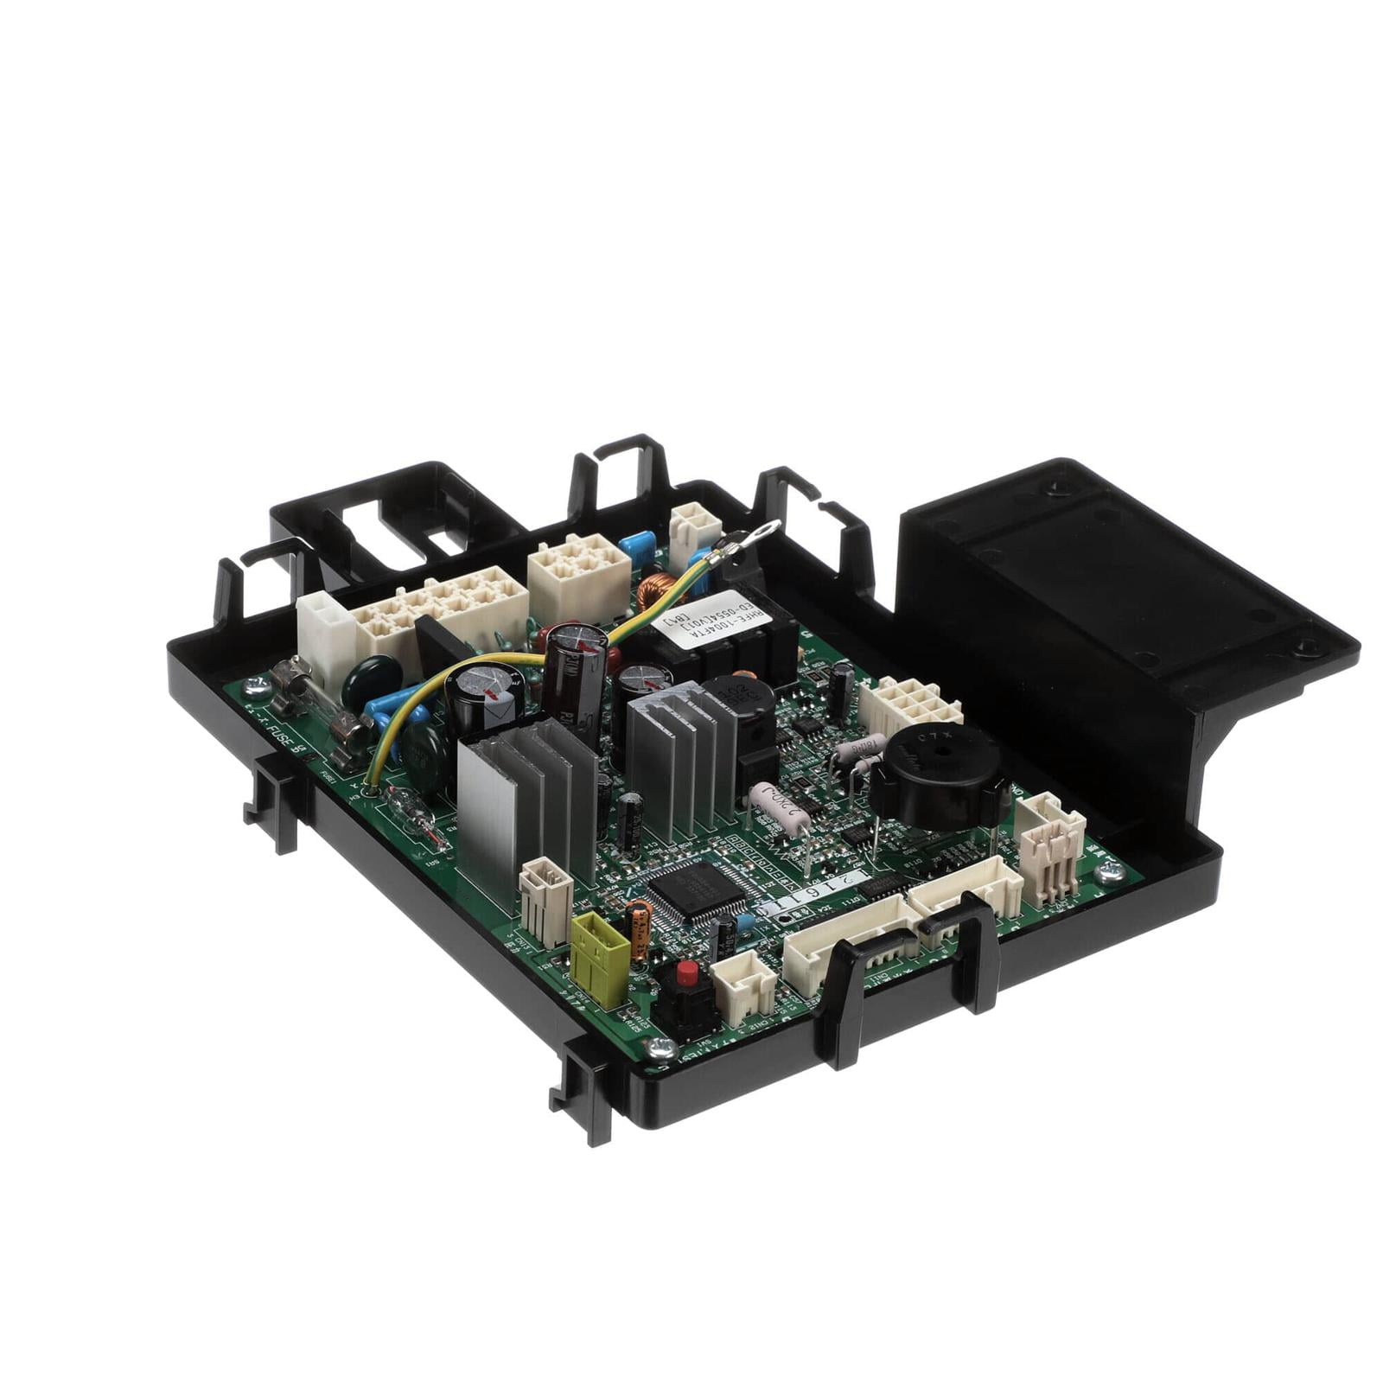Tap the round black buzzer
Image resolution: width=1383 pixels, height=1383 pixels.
point(939,775)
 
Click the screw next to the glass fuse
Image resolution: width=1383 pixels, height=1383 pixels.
point(256,687)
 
